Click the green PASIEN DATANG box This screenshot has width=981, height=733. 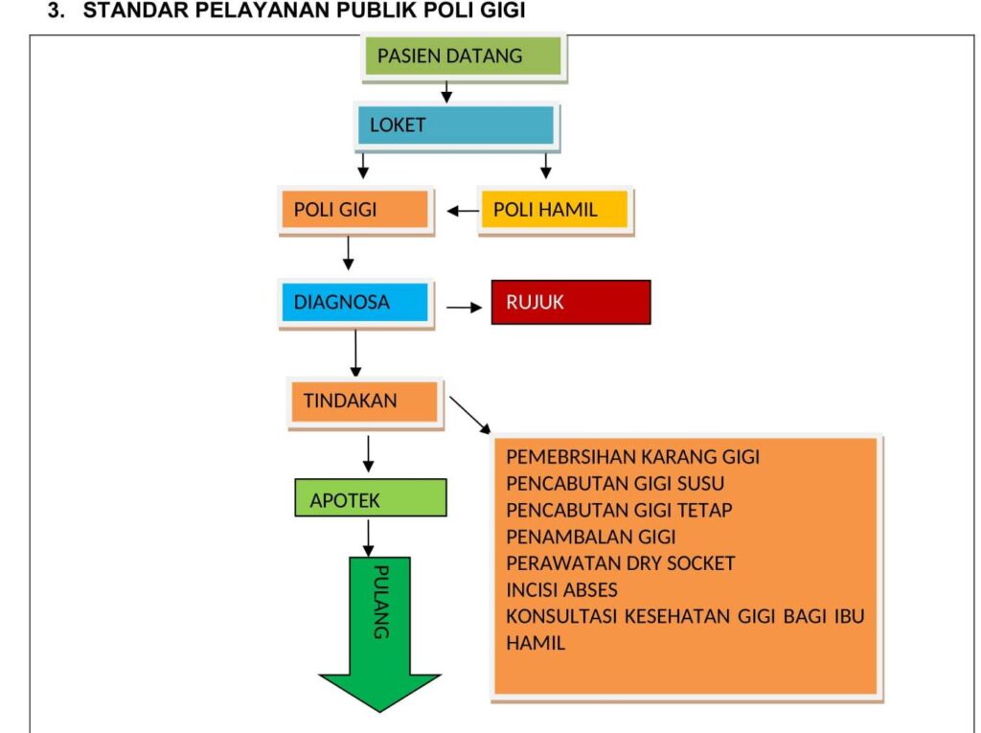pos(464,57)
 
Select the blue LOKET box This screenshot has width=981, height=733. pos(456,126)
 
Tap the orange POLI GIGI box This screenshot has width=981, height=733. pos(355,210)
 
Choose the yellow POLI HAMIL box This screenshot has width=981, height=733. pos(555,210)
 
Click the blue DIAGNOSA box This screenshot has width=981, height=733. pos(355,303)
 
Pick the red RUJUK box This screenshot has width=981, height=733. pos(571,303)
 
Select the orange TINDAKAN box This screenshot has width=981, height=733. pos(365,401)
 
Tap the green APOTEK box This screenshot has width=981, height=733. pos(371,497)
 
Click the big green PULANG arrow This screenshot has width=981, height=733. pos(379,632)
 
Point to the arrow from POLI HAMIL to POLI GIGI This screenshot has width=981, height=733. pos(464,211)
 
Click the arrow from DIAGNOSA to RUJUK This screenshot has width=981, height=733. pos(465,308)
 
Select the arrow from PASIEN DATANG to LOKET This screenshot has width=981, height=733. pos(446,91)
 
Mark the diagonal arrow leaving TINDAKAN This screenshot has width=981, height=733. pos(469,415)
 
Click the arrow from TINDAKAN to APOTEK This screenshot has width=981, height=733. pos(369,454)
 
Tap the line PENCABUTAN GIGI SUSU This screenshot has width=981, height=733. pos(615,484)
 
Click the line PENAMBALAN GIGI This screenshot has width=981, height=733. pos(590,538)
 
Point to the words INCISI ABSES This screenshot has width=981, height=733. pos(561,590)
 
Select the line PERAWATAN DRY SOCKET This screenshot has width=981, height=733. pos(621,563)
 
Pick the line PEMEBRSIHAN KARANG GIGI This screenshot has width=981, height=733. pos(632,457)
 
